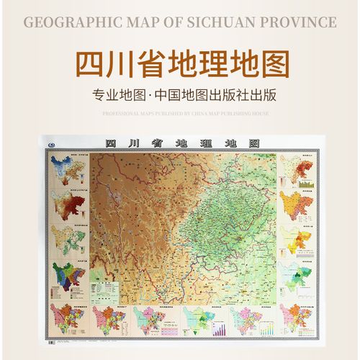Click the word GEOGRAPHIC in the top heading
click(x=70, y=22)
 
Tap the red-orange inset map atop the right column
click(x=291, y=168)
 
